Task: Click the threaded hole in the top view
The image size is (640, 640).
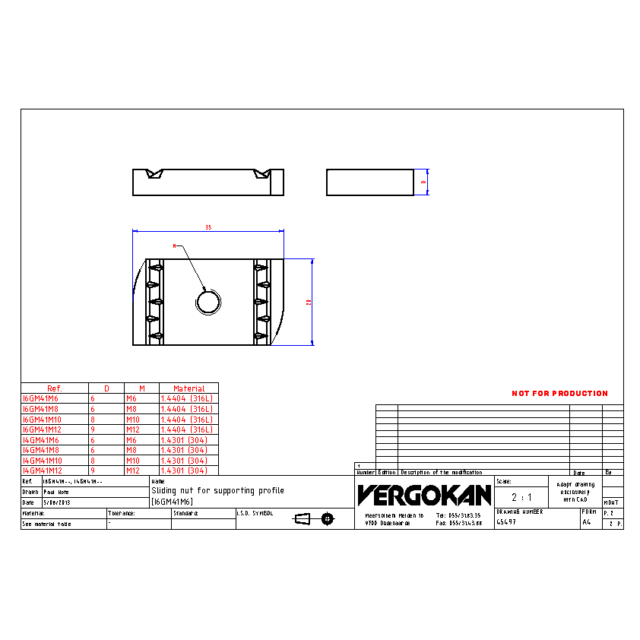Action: coord(208,302)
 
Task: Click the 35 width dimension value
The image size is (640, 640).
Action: coord(208,227)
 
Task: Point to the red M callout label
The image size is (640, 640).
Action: coord(174,246)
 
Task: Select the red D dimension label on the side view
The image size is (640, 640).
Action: coord(423,182)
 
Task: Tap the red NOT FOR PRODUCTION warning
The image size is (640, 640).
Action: coord(559,394)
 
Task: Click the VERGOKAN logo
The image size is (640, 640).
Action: coord(424,496)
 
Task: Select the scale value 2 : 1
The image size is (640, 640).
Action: coord(521,497)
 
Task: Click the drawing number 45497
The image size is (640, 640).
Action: coord(505,522)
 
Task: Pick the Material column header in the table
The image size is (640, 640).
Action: coord(189,388)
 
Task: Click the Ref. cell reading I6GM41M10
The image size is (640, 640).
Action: coord(43,419)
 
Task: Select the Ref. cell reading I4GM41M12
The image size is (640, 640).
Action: coord(43,470)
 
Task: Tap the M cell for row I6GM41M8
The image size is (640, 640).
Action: coord(131,409)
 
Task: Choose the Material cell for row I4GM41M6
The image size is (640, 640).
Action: coord(185,440)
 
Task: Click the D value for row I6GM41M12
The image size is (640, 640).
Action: coord(93,429)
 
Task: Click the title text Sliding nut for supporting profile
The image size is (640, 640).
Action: coord(217,491)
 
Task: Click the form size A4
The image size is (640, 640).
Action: coord(586,523)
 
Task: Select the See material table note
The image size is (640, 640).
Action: coord(46,524)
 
